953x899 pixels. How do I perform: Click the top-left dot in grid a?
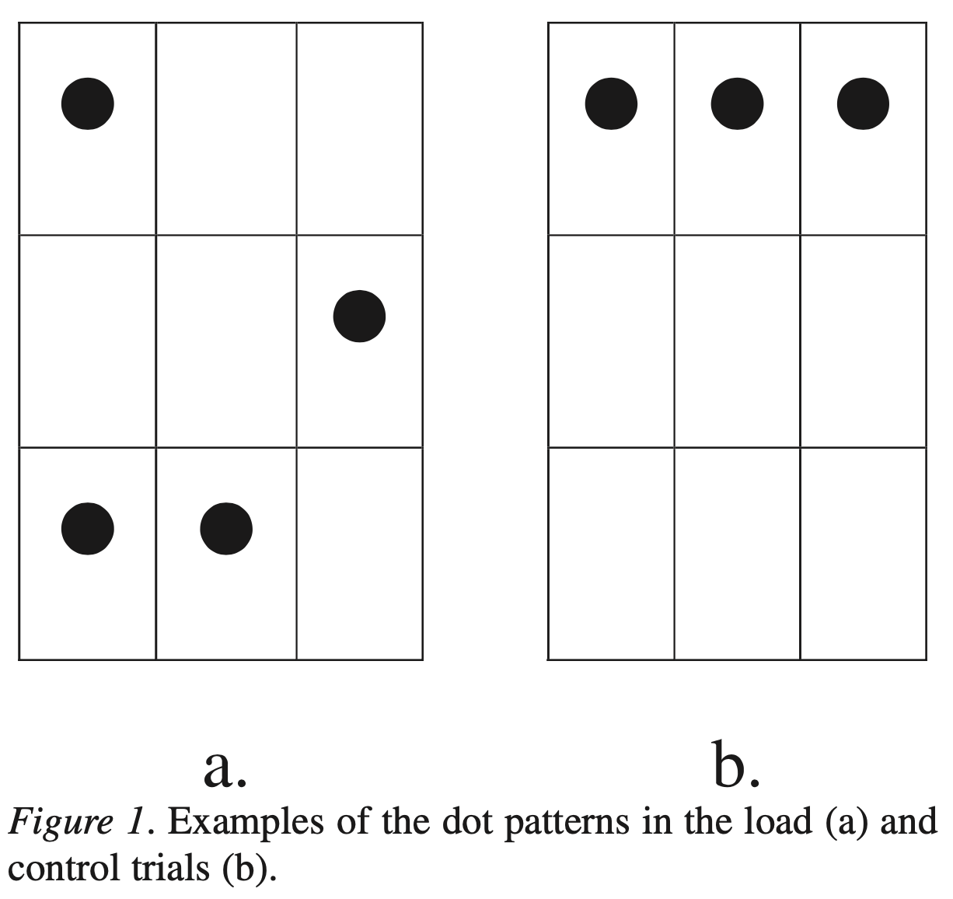pos(88,103)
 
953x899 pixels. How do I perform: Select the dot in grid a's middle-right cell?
pos(359,316)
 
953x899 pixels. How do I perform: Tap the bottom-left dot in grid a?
pos(88,529)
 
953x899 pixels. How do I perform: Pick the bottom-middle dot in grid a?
pos(226,529)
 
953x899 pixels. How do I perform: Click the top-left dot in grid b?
pos(611,103)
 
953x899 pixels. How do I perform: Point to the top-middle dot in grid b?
pos(737,103)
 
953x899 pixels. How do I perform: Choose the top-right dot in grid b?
pos(863,103)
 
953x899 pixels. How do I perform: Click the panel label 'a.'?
pos(225,767)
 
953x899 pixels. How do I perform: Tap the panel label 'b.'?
pos(735,765)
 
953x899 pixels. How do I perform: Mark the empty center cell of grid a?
pos(226,341)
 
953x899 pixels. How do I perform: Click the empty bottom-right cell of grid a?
pos(359,553)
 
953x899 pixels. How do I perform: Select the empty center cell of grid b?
pos(737,341)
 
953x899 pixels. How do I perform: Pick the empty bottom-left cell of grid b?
pos(611,553)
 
